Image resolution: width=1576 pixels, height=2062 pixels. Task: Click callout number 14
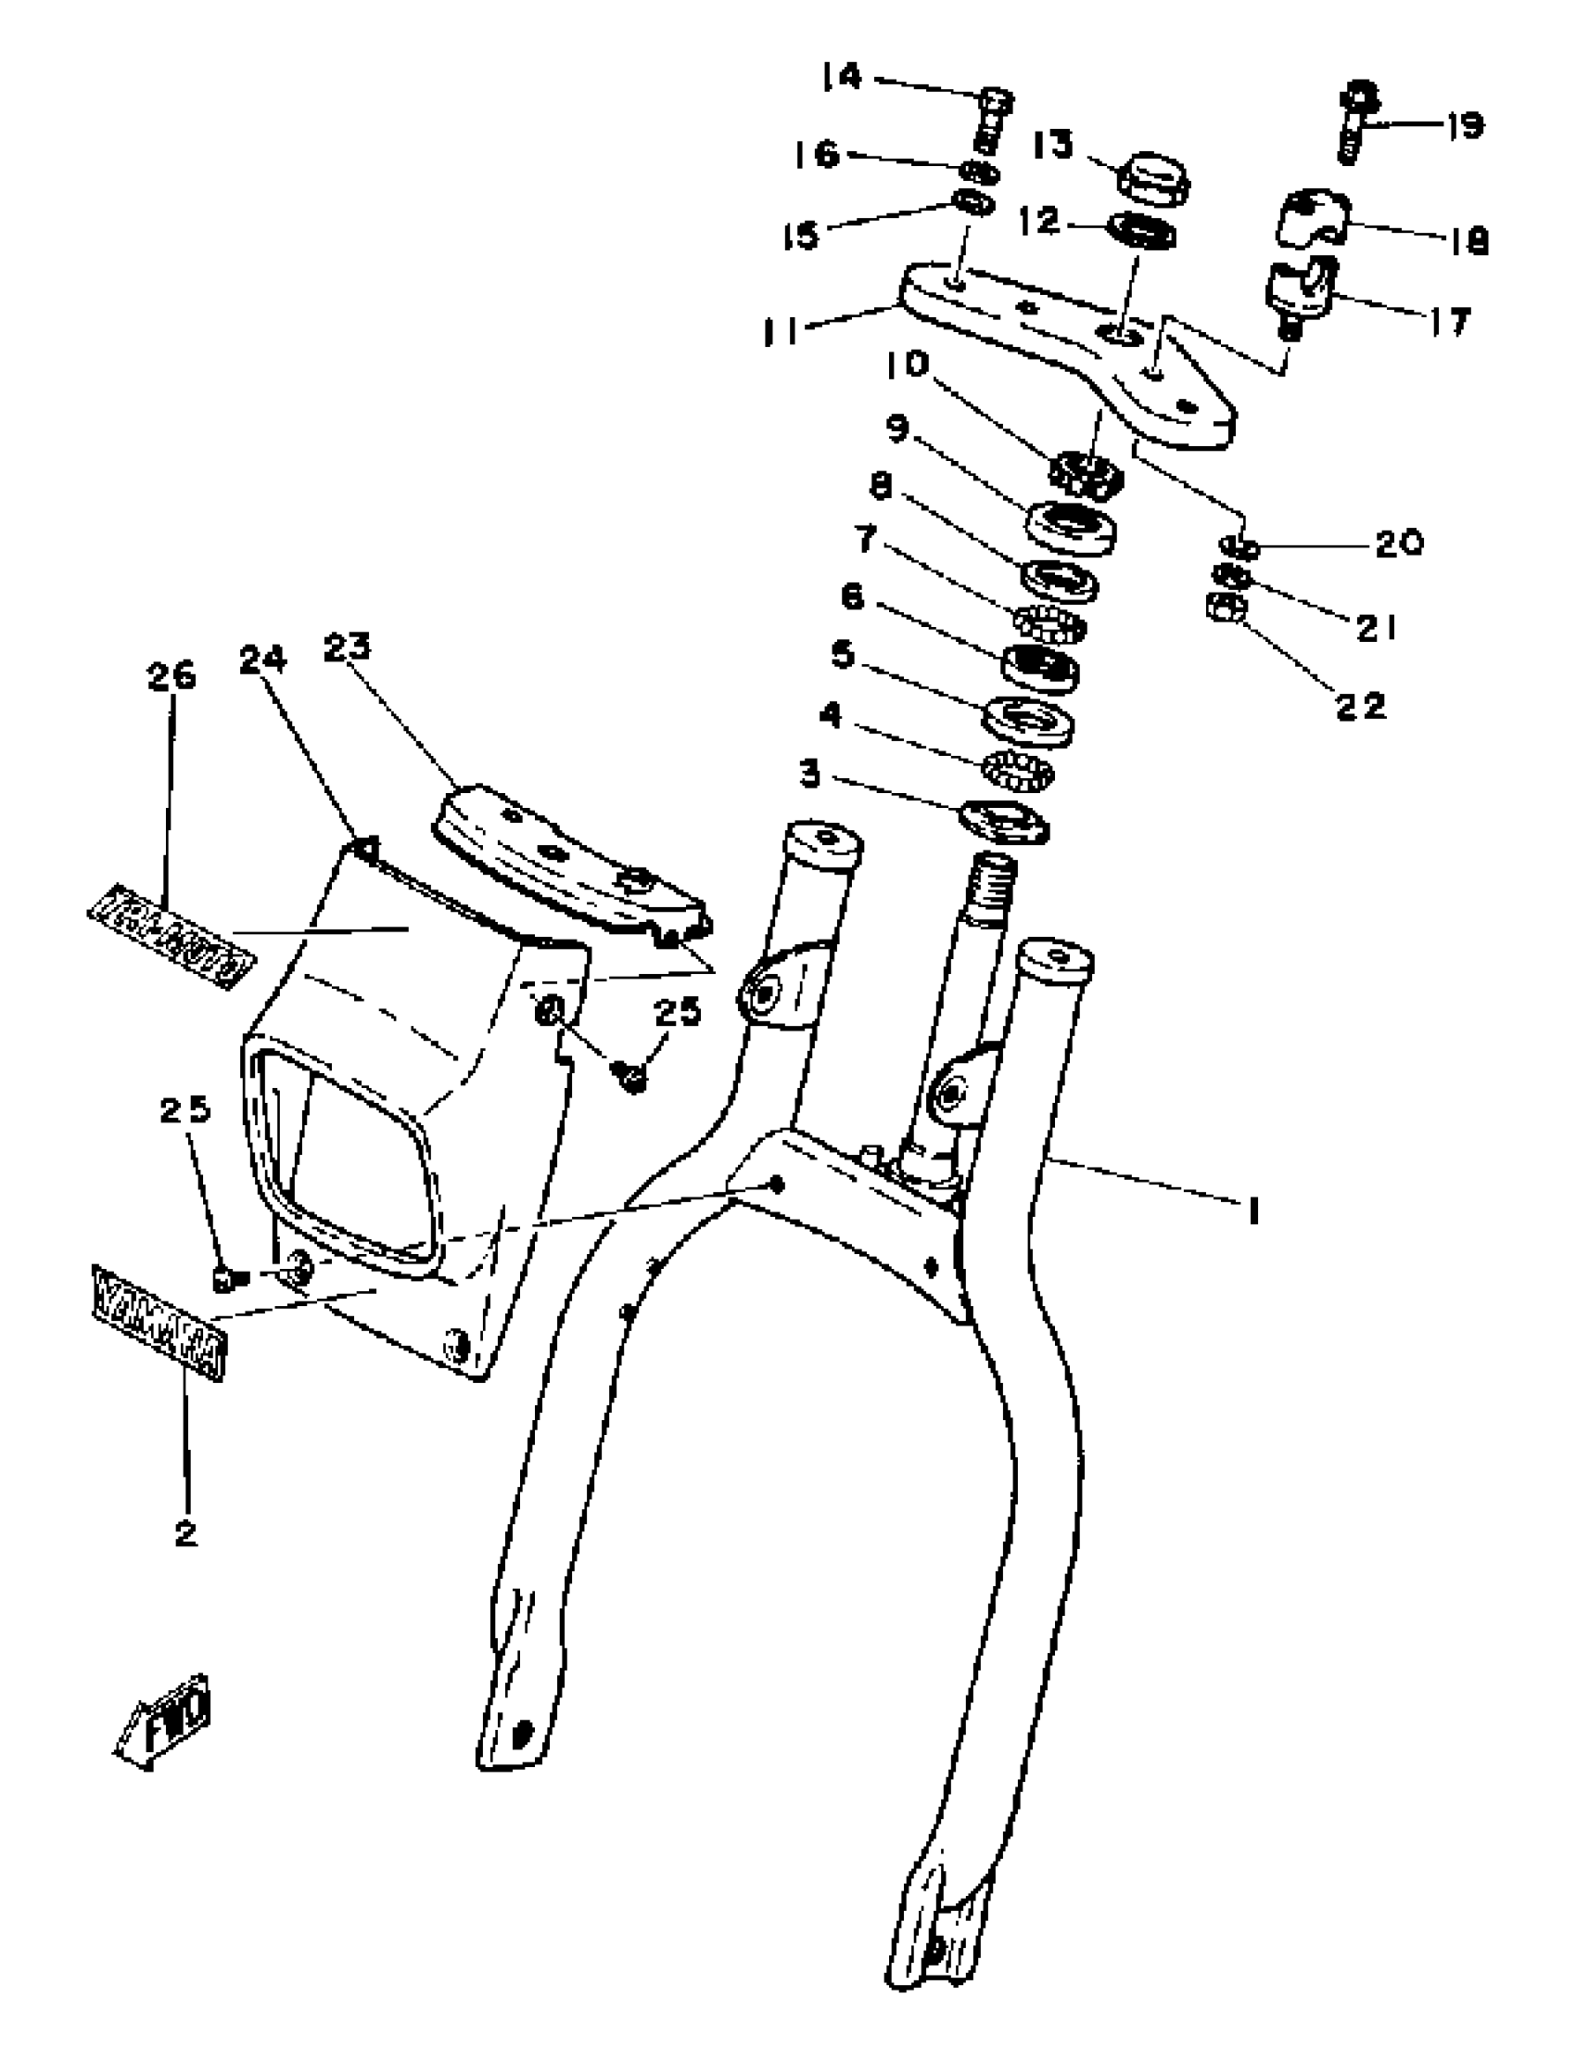pos(843,77)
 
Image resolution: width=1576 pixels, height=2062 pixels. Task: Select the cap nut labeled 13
pos(1153,176)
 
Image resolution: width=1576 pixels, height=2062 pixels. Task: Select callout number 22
pos(1360,705)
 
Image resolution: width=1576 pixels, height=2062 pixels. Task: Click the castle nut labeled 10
pos(1086,471)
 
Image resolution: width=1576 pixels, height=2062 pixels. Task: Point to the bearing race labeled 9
pos(1072,529)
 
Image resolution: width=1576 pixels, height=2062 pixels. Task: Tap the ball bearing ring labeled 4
pos(1019,770)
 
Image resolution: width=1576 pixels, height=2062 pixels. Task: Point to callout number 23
pos(347,647)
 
